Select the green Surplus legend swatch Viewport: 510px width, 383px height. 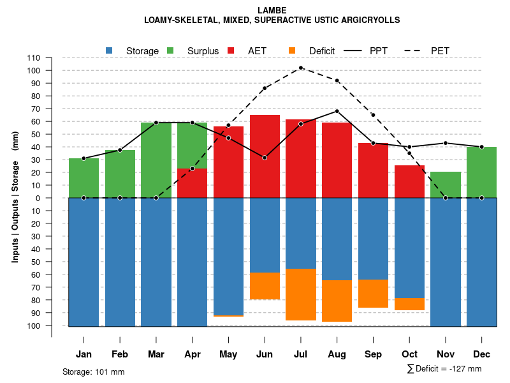tap(170, 50)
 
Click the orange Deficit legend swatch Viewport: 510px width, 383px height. tap(292, 50)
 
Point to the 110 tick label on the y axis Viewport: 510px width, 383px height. tap(51, 57)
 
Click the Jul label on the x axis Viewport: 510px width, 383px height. tap(301, 354)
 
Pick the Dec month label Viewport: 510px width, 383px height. tap(481, 354)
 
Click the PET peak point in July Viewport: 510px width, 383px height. tap(301, 68)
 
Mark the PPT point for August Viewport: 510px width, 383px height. tap(337, 111)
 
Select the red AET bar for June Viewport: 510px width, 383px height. tap(265, 156)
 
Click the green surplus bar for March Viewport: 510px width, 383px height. tap(156, 160)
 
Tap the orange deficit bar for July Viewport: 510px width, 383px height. tap(301, 294)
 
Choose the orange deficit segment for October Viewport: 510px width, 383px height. tap(409, 304)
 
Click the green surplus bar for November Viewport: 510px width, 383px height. tap(446, 185)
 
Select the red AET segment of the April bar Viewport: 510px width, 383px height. tap(192, 183)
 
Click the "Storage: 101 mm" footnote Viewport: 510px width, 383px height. tap(94, 372)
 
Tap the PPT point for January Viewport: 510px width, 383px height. tap(84, 158)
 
